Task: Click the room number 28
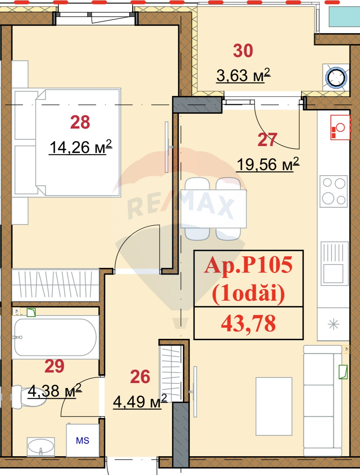tap(80, 122)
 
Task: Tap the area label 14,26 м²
tap(81, 147)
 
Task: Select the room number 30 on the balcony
tap(243, 51)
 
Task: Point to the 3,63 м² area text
tap(243, 75)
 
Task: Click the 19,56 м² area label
tap(268, 164)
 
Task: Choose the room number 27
tap(267, 140)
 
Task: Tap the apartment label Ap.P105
tap(248, 265)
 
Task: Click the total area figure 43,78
tap(248, 323)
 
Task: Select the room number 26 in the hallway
tap(140, 377)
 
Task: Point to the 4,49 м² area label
tap(140, 401)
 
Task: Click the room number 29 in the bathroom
tap(54, 366)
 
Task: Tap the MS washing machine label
tap(83, 441)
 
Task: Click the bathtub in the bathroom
tap(55, 337)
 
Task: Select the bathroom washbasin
tap(41, 447)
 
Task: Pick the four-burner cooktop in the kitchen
tap(334, 192)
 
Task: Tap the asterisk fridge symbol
tap(333, 324)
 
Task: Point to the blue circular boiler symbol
tap(336, 78)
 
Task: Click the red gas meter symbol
tap(340, 128)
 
